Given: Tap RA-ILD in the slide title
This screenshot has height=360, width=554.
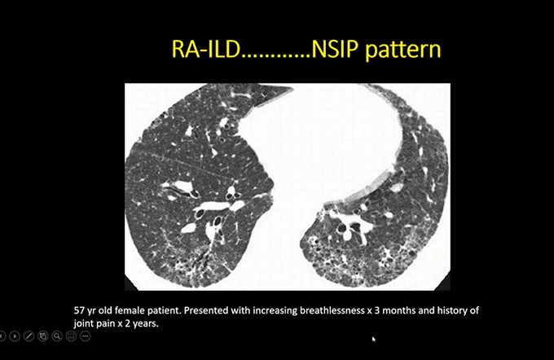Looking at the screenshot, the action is tap(206, 49).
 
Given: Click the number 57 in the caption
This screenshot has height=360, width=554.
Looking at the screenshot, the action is tap(80, 310).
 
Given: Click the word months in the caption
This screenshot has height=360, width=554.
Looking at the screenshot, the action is tap(399, 310).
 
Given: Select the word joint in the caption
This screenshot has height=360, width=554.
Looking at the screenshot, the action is tap(83, 323).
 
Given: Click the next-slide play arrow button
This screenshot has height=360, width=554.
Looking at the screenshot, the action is tap(15, 336).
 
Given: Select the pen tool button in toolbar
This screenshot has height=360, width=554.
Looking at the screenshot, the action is tap(29, 336).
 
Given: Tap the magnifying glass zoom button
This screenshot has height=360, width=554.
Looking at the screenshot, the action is tap(57, 336).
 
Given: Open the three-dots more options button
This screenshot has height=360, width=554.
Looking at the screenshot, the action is tap(86, 336).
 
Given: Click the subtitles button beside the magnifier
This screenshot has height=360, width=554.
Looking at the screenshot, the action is tap(71, 336).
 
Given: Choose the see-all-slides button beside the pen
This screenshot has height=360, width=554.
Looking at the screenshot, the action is tap(42, 336).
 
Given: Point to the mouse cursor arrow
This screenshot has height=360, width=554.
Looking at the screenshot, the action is tap(374, 339).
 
